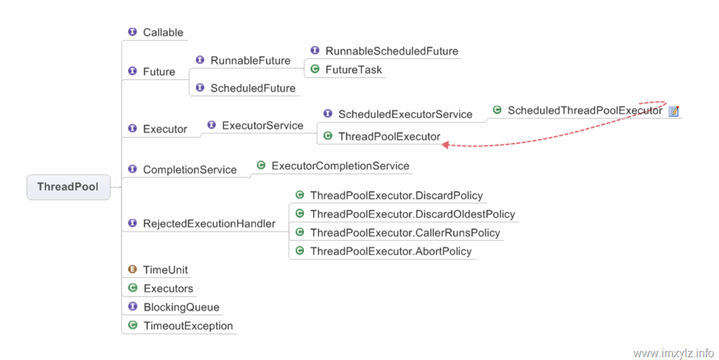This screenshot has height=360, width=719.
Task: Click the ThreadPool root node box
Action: [x=68, y=187]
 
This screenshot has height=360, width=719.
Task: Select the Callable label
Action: [x=163, y=32]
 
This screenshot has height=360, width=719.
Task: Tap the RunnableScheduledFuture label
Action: [x=392, y=51]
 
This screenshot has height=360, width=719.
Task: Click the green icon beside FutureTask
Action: [x=315, y=69]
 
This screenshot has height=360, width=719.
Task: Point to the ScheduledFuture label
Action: [x=253, y=88]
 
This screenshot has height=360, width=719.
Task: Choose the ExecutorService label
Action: [x=263, y=126]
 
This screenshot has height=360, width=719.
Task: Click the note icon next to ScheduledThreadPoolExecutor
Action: [x=673, y=111]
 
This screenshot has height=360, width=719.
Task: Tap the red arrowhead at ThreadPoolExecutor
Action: [x=444, y=145]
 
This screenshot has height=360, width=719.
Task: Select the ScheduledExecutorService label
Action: [x=405, y=114]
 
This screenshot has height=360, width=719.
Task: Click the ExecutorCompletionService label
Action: [x=341, y=166]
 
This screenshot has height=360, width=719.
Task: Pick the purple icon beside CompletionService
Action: [x=133, y=169]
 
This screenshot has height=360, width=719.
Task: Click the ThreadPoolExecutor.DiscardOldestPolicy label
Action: [x=412, y=214]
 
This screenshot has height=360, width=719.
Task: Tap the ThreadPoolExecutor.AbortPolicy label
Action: [x=390, y=251]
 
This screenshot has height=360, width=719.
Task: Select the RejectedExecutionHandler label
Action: [x=209, y=224]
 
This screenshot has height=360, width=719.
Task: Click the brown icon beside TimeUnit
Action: [x=133, y=269]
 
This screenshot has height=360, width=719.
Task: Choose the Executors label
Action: [x=169, y=288]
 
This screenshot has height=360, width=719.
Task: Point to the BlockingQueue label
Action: [x=181, y=307]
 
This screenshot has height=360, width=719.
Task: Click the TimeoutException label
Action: [x=188, y=326]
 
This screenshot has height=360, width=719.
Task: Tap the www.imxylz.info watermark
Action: [x=673, y=353]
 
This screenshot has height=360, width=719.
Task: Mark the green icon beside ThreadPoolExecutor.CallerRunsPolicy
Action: [x=300, y=232]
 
